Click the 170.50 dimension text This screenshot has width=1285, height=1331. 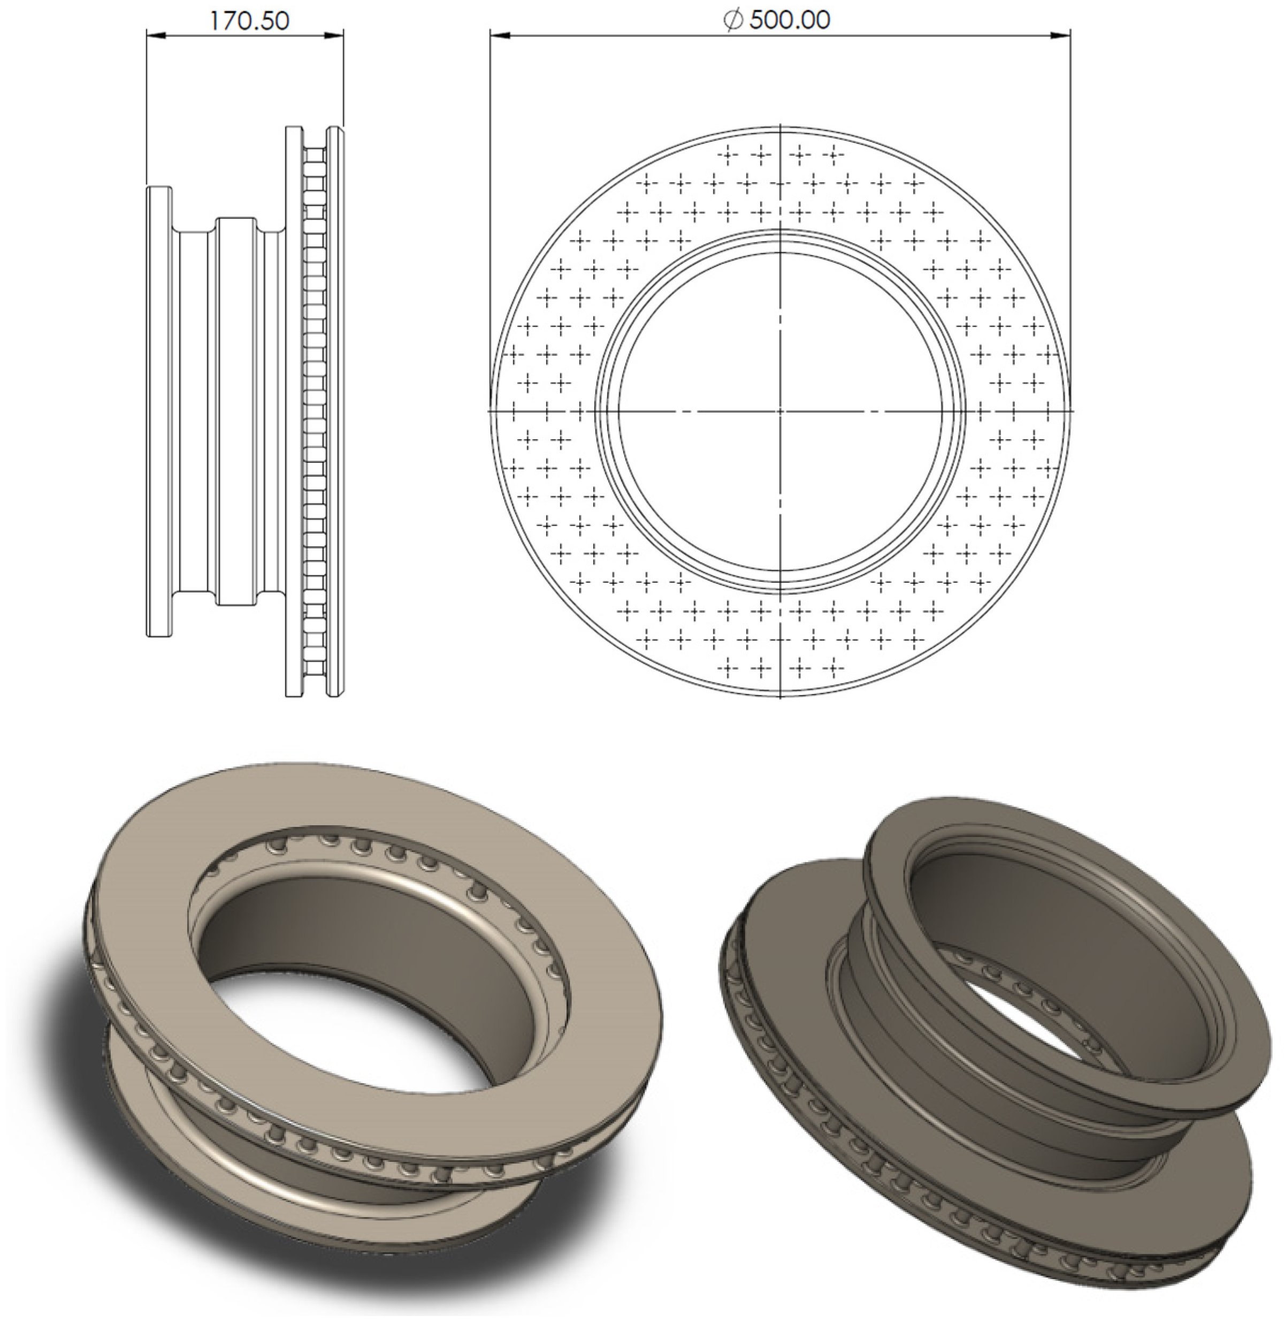pyautogui.click(x=249, y=21)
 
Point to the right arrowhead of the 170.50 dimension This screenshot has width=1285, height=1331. pyautogui.click(x=335, y=35)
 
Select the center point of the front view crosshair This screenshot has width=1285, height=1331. pyautogui.click(x=781, y=411)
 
